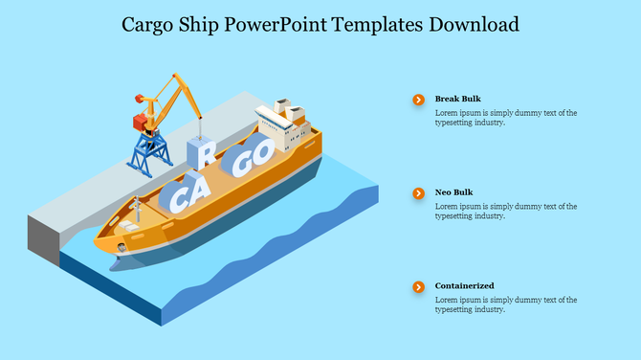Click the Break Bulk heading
(x=457, y=99)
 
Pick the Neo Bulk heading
(x=453, y=192)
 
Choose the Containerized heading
(x=464, y=286)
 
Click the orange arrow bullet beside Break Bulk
(x=418, y=100)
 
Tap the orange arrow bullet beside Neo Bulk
(x=418, y=193)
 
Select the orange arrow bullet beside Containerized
(x=418, y=287)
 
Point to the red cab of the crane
(x=141, y=122)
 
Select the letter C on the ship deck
(x=177, y=199)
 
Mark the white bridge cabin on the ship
(x=280, y=124)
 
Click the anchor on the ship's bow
(x=121, y=248)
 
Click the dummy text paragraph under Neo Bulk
(x=505, y=211)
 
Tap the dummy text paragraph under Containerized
(x=505, y=304)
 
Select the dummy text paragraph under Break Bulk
(x=505, y=117)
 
